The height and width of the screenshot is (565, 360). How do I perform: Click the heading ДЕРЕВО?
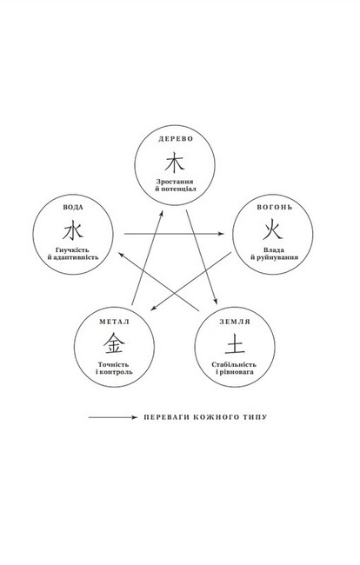pos(176,139)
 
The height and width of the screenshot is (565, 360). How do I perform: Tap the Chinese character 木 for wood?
pos(175,163)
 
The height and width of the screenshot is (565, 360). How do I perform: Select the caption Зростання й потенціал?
pos(175,185)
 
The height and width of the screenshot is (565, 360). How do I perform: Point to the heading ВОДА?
pos(73,208)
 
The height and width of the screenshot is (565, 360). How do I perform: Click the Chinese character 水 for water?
pos(73,231)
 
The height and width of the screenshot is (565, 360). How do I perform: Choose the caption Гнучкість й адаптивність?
pos(73,254)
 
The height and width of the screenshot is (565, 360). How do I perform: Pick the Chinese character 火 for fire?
pos(272,231)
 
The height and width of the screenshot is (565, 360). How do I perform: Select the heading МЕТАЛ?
pos(114,322)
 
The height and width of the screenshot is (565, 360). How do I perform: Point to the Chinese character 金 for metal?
pos(114,343)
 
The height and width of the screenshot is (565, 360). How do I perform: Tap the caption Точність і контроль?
pos(114,368)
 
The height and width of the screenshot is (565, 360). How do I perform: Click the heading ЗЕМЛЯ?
pos(235,322)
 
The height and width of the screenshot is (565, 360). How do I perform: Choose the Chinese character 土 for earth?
pos(235,344)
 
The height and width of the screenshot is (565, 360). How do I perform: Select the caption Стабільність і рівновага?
pos(235,368)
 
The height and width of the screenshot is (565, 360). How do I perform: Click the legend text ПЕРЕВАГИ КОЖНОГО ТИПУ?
pos(205,417)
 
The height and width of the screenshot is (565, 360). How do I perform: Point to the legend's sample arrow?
pos(113,417)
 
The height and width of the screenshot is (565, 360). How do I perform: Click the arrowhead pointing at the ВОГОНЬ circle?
pos(221,234)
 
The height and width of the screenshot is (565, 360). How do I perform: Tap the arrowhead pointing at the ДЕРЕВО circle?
pos(162,214)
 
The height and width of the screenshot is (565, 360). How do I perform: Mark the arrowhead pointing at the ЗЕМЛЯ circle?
pos(216,302)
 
